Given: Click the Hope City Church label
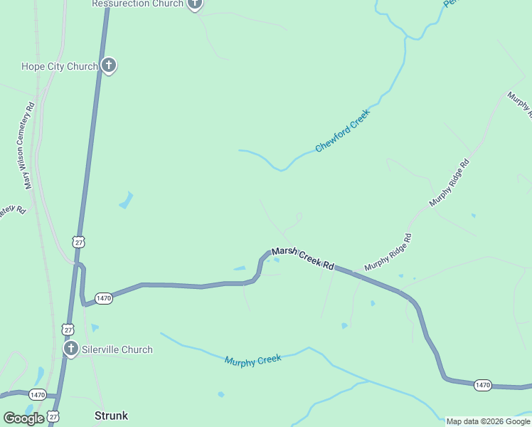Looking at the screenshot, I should point(59,67).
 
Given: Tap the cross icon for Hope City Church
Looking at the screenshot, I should point(108,66).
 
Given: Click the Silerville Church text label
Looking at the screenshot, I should point(117,349).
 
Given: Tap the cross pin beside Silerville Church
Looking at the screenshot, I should point(70,349).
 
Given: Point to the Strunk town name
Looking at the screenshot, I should point(111,415).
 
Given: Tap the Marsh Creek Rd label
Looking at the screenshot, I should point(303,258).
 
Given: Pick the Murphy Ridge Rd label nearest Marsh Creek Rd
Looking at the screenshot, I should point(388,252).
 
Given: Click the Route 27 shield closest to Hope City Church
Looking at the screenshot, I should point(78,242).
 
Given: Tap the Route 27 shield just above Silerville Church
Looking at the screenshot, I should point(68,330).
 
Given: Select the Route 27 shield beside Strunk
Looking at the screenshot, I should point(53,416).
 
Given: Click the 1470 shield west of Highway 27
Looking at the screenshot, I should point(38,394).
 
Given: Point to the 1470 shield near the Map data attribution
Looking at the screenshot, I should point(483,385).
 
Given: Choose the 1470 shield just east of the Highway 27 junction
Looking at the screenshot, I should point(104,299).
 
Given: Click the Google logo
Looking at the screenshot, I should point(23,418).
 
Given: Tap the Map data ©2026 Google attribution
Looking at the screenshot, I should point(488,421).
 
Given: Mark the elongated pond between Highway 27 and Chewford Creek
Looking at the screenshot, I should point(127,200).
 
